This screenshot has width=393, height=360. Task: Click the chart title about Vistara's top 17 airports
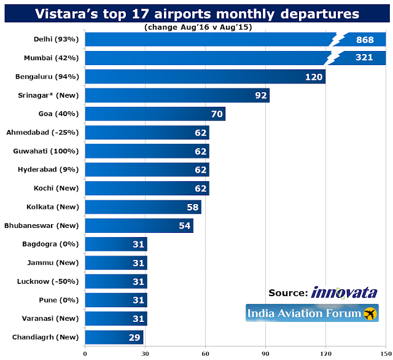(196, 13)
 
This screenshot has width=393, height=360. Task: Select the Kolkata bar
(142, 207)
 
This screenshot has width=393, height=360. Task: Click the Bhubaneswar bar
(139, 225)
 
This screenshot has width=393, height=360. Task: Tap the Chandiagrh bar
(114, 337)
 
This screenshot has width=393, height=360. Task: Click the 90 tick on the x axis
(265, 353)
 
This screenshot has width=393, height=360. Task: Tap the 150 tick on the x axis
(386, 353)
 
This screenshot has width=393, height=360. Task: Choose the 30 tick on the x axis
(145, 353)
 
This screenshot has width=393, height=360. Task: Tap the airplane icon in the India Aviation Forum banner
(370, 314)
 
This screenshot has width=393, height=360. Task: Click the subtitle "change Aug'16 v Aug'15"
(196, 27)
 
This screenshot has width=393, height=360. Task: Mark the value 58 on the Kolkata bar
(193, 207)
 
